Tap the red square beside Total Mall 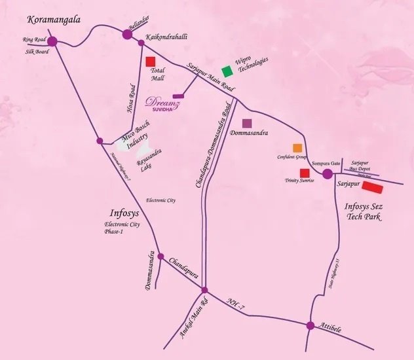150,62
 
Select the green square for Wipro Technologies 227,71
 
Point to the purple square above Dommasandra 247,123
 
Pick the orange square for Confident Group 297,148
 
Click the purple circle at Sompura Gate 328,173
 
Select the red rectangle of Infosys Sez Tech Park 373,188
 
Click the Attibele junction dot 310,325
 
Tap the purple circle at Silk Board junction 52,41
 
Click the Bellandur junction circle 128,34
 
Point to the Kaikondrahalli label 166,38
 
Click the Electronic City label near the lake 160,200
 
